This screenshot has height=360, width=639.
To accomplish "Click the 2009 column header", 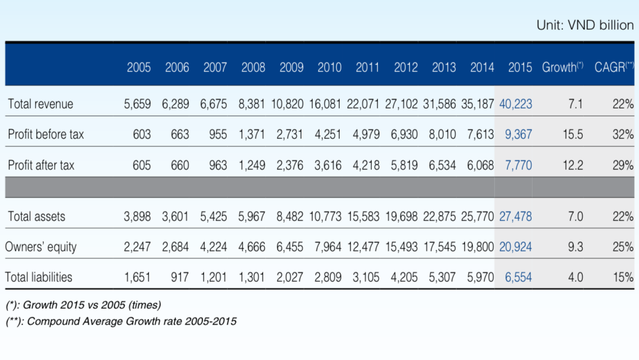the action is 291,67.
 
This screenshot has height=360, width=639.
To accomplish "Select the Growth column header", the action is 562,67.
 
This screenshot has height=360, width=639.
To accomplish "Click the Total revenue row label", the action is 40,104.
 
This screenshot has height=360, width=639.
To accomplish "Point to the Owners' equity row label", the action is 40,247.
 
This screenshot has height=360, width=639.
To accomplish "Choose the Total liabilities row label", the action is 39,277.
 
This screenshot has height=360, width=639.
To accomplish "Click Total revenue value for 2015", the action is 515,104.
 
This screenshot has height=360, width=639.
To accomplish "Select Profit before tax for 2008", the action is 252,134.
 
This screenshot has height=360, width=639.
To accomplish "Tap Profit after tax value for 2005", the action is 142,165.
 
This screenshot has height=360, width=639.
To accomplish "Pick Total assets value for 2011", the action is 363,217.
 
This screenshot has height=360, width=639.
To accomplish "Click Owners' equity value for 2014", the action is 478,247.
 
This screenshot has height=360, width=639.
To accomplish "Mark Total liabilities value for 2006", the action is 180,277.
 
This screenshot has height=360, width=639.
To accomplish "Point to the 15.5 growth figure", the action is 573,134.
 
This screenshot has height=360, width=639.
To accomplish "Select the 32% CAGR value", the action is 623,134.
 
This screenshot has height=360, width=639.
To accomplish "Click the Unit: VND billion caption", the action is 585,25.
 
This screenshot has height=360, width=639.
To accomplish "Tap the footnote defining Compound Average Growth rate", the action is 121,321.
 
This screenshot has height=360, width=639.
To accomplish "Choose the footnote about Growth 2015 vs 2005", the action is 84,305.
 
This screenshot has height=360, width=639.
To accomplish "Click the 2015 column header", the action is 520,67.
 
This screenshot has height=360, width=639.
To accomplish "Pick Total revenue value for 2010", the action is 325,104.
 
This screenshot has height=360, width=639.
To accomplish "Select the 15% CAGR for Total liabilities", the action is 623,277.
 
